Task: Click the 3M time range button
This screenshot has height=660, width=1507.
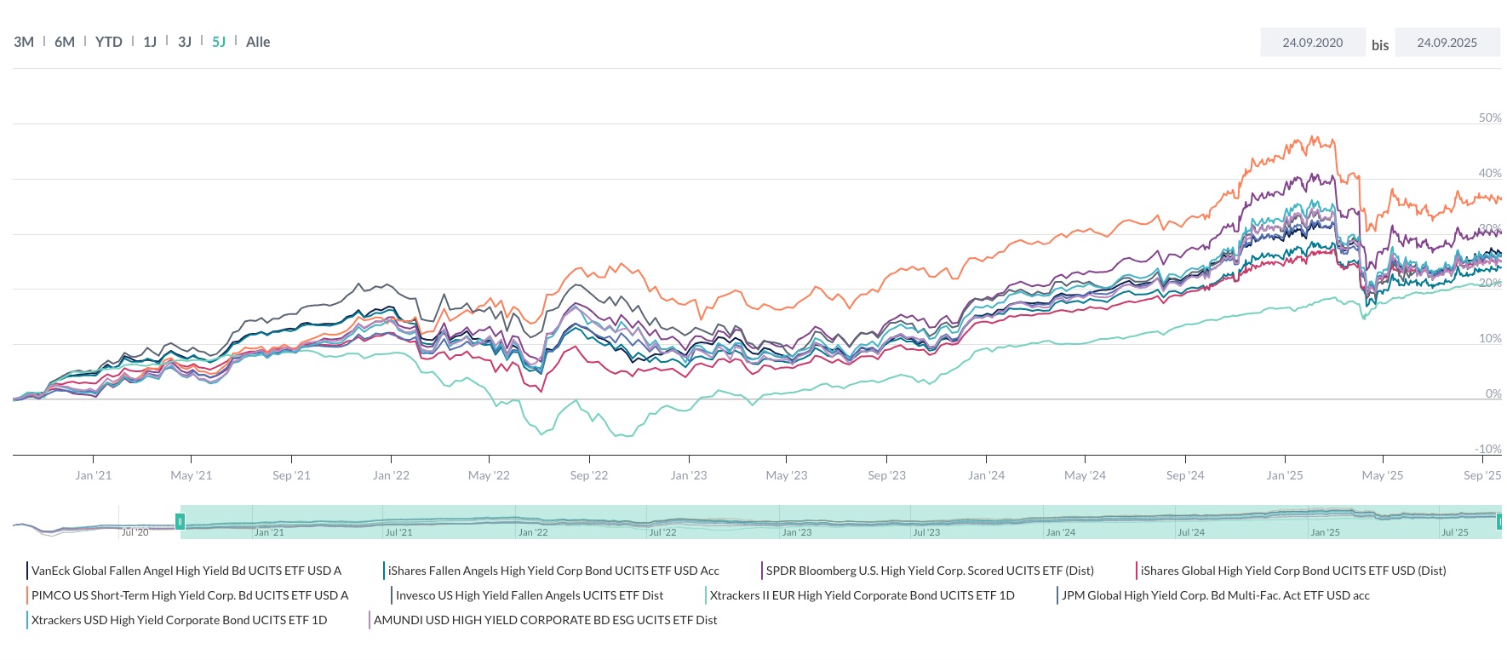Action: (x=24, y=42)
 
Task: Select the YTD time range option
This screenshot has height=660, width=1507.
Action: (x=108, y=42)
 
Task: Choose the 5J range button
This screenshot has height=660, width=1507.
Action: (x=219, y=42)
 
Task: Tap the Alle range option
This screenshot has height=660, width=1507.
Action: (x=258, y=42)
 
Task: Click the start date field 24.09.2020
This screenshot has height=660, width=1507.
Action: (x=1312, y=43)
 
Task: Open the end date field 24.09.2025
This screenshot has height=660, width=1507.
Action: (x=1447, y=43)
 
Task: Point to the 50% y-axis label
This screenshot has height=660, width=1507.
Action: (x=1489, y=118)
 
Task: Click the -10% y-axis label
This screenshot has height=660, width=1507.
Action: (x=1487, y=449)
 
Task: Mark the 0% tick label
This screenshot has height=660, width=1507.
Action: (x=1493, y=393)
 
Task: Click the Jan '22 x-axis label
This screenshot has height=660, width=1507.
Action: (x=391, y=475)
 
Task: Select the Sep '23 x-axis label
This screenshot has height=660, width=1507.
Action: (x=886, y=475)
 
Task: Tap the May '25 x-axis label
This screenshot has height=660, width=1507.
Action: (x=1383, y=475)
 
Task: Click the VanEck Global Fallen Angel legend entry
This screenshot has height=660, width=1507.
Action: (x=186, y=571)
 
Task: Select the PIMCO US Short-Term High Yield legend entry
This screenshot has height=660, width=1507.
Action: (x=189, y=595)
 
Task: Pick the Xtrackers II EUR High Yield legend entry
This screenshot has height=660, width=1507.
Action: (x=862, y=595)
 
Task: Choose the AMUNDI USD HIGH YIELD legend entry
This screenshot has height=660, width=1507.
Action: (x=545, y=620)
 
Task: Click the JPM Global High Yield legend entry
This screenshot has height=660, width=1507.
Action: (x=1215, y=595)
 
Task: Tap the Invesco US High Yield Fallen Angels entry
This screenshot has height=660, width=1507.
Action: (x=529, y=595)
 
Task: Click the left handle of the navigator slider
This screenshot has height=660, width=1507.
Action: (x=180, y=521)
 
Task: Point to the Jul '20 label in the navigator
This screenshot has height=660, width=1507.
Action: (x=135, y=532)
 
